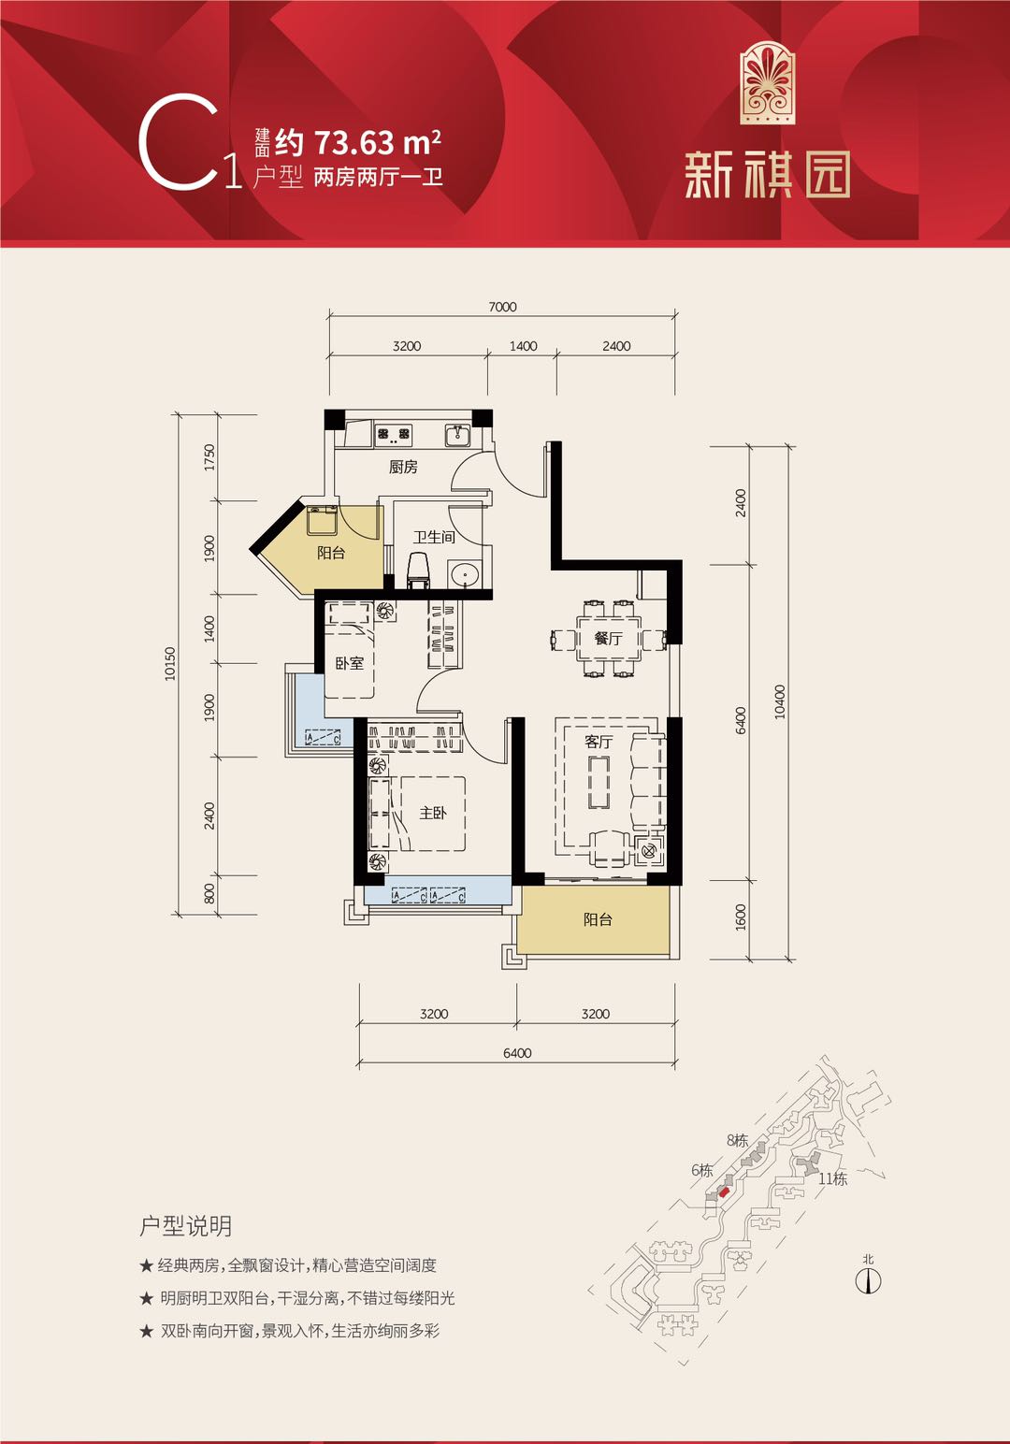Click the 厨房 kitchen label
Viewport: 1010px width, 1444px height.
coord(403,467)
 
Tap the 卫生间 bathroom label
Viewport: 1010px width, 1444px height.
coord(434,537)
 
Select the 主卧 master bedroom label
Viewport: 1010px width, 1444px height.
coord(432,813)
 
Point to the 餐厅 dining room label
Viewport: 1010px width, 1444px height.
coord(608,638)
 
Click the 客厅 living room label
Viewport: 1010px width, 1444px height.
coord(599,742)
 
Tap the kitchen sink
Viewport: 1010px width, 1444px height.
coord(457,435)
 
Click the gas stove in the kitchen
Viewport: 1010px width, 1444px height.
coord(393,434)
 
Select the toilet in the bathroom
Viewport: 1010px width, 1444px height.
coord(420,570)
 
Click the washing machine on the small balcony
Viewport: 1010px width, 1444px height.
coord(322,520)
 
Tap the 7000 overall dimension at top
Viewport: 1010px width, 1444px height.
coord(502,307)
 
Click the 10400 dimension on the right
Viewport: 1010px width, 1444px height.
coord(780,702)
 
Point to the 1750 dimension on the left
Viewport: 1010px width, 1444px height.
coord(209,457)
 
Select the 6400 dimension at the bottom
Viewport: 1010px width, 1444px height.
coord(517,1053)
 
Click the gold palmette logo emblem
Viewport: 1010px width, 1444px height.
coord(767,82)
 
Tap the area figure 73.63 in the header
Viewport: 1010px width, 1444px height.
coord(353,142)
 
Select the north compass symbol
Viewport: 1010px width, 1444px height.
coord(868,1279)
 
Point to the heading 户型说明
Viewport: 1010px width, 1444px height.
coord(185,1225)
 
